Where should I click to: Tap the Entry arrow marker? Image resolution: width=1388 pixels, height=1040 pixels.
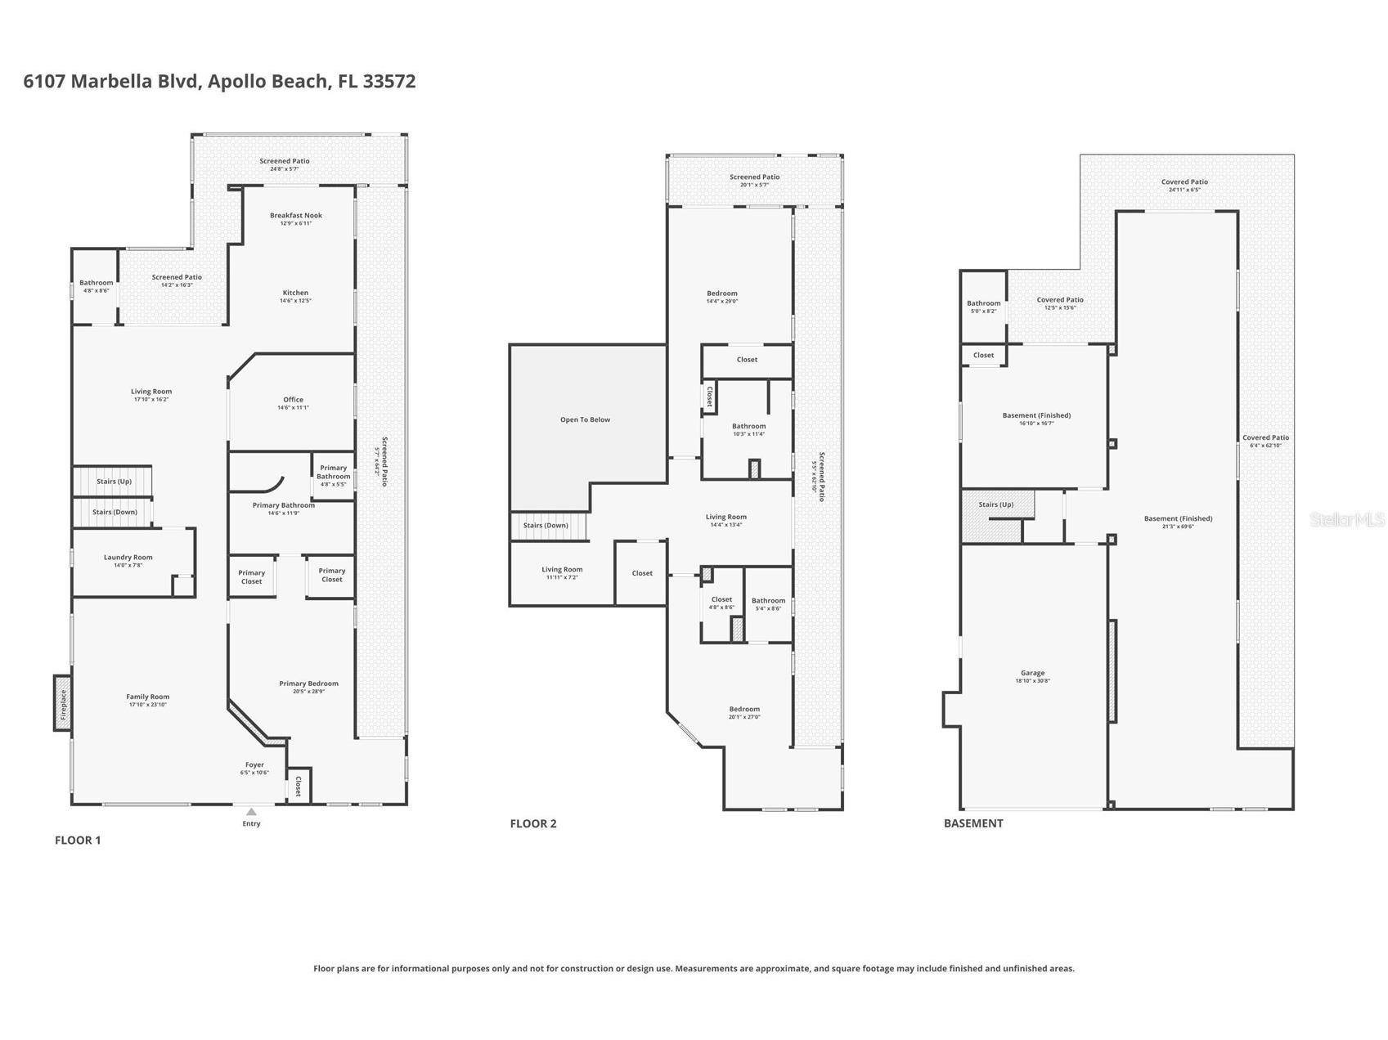tap(251, 812)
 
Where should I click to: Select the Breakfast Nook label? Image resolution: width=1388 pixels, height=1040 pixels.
tap(296, 216)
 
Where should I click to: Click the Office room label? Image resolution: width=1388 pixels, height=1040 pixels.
tap(293, 400)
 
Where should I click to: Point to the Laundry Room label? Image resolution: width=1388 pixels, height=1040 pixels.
tap(128, 558)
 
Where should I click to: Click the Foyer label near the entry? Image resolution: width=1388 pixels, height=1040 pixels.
tap(254, 765)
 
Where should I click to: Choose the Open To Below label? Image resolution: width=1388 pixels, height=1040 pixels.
tap(585, 419)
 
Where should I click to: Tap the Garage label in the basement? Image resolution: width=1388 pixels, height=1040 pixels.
tap(1032, 673)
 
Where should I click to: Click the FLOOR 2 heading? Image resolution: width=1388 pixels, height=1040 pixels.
tap(532, 823)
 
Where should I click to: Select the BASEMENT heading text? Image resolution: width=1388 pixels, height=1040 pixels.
tap(972, 823)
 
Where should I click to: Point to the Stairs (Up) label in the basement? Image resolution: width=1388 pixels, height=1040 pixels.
tap(995, 504)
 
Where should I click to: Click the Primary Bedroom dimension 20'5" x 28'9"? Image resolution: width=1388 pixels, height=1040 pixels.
tap(308, 692)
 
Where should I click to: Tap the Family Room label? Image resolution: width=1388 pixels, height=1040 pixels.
tap(148, 697)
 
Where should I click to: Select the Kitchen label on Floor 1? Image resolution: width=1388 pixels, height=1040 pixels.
tap(295, 293)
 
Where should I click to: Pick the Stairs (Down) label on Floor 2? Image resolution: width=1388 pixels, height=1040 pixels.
tap(546, 526)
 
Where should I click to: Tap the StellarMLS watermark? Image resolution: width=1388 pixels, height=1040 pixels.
tap(1346, 519)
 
